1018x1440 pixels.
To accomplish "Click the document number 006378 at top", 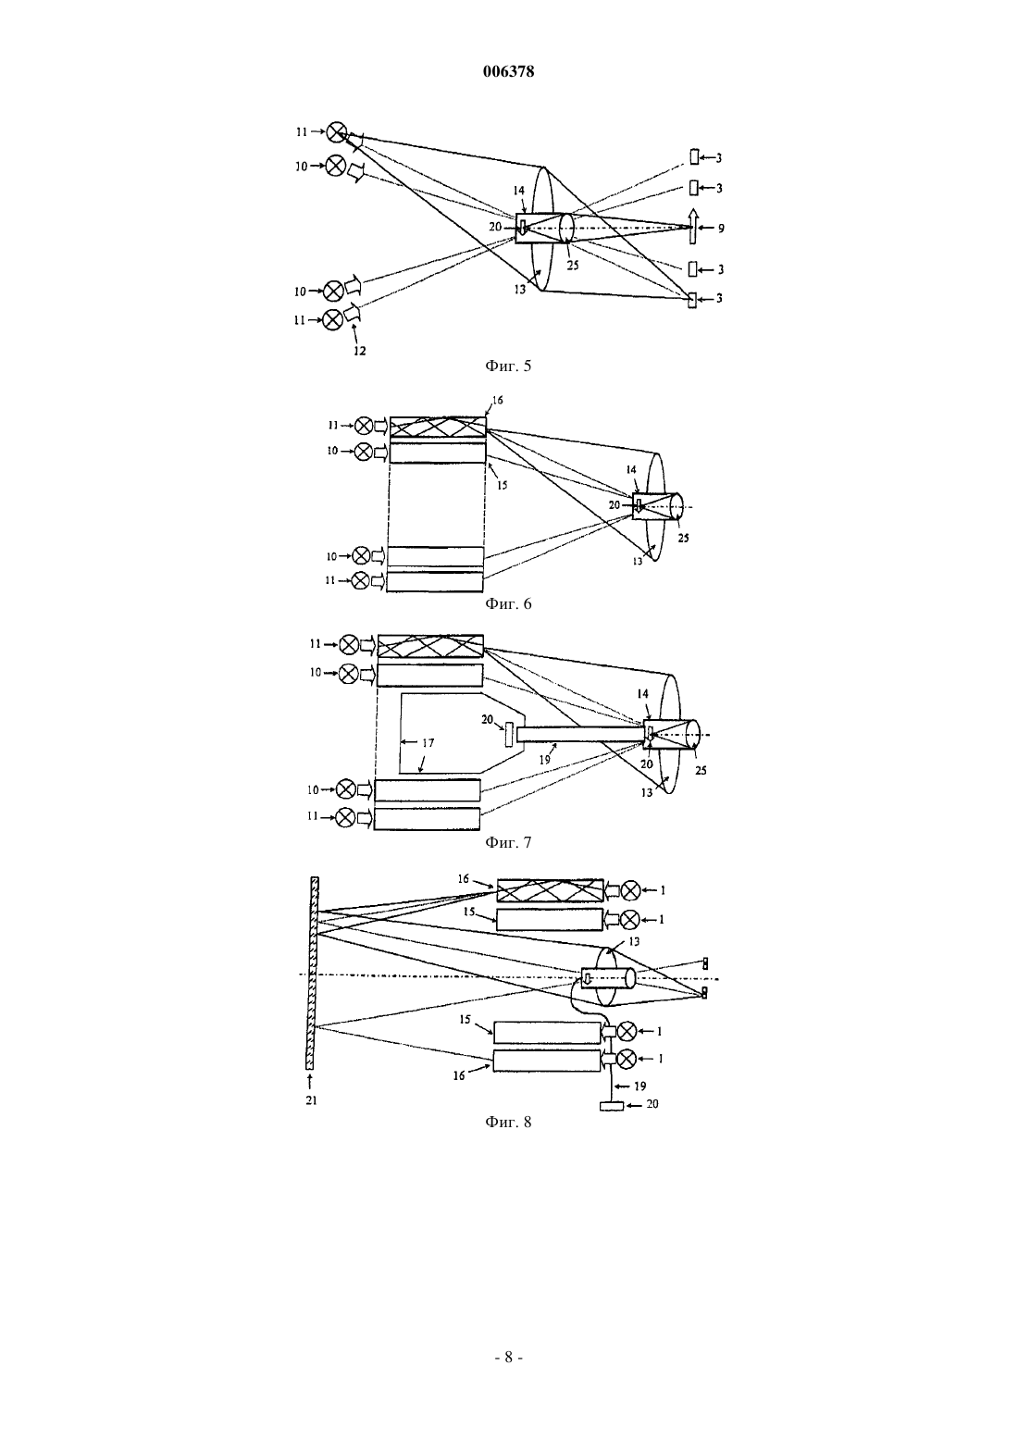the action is tap(508, 71).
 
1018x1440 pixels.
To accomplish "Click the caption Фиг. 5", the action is tap(508, 366).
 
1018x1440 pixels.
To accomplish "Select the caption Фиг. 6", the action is tap(508, 603).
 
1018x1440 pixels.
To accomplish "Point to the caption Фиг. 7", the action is tap(508, 841).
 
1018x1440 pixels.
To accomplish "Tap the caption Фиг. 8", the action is tap(508, 1122).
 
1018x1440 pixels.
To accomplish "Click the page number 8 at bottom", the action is tap(508, 1357).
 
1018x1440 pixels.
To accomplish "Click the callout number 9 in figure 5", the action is tap(721, 228).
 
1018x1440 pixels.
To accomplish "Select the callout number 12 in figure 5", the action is tap(359, 351).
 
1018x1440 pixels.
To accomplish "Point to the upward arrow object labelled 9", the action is tap(692, 227).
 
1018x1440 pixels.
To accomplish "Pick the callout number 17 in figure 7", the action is tap(428, 742).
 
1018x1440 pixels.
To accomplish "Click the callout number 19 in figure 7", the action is tap(544, 759).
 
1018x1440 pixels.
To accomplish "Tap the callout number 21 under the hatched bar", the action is tap(311, 1100).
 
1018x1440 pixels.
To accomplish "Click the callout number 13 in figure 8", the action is tap(634, 942).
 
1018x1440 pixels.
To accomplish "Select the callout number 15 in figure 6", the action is tap(502, 485).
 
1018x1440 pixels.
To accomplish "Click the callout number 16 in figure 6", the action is tap(498, 400).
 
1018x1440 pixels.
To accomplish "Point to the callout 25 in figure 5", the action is tap(573, 265).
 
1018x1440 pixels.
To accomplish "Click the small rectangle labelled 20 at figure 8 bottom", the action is tap(611, 1106).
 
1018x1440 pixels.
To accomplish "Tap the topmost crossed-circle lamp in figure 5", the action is tap(336, 132).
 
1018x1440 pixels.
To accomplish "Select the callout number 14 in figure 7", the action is tap(643, 694).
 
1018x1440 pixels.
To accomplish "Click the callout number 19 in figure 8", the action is tap(639, 1086).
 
